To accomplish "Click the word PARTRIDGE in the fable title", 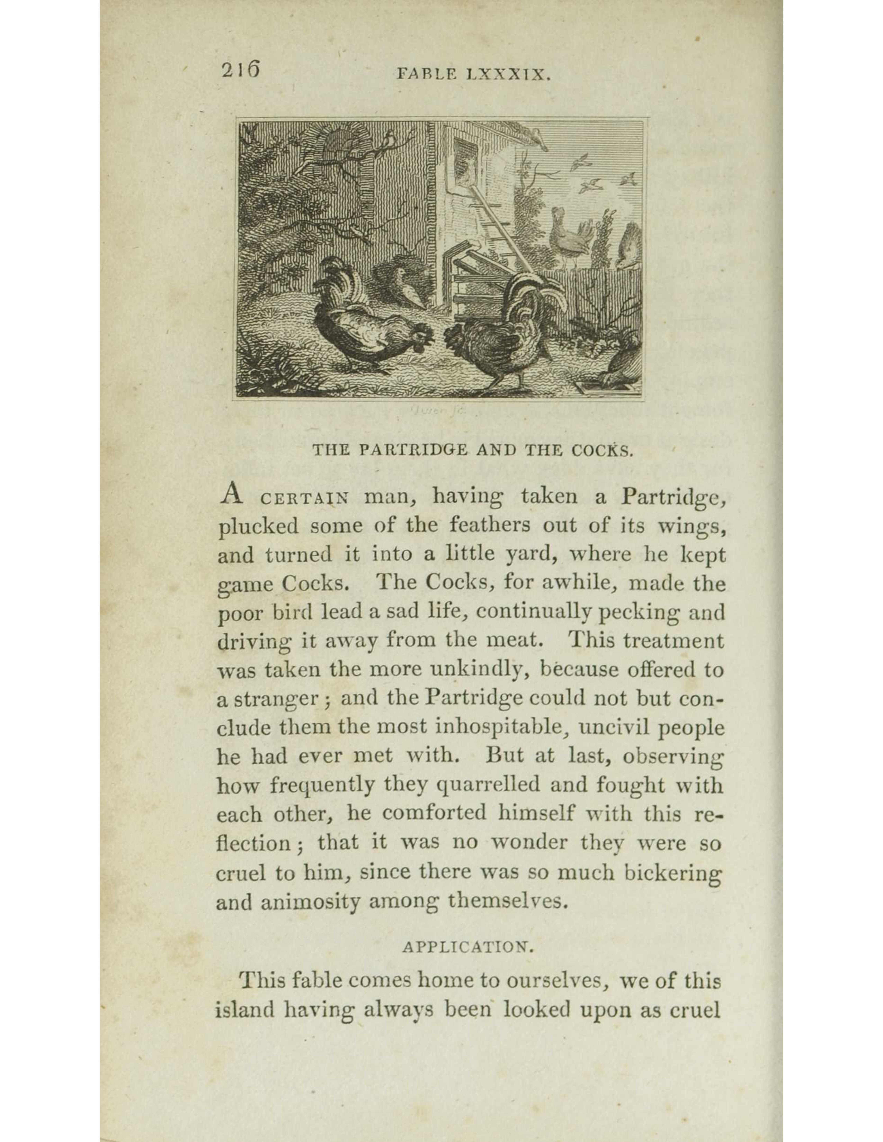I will (x=413, y=451).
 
